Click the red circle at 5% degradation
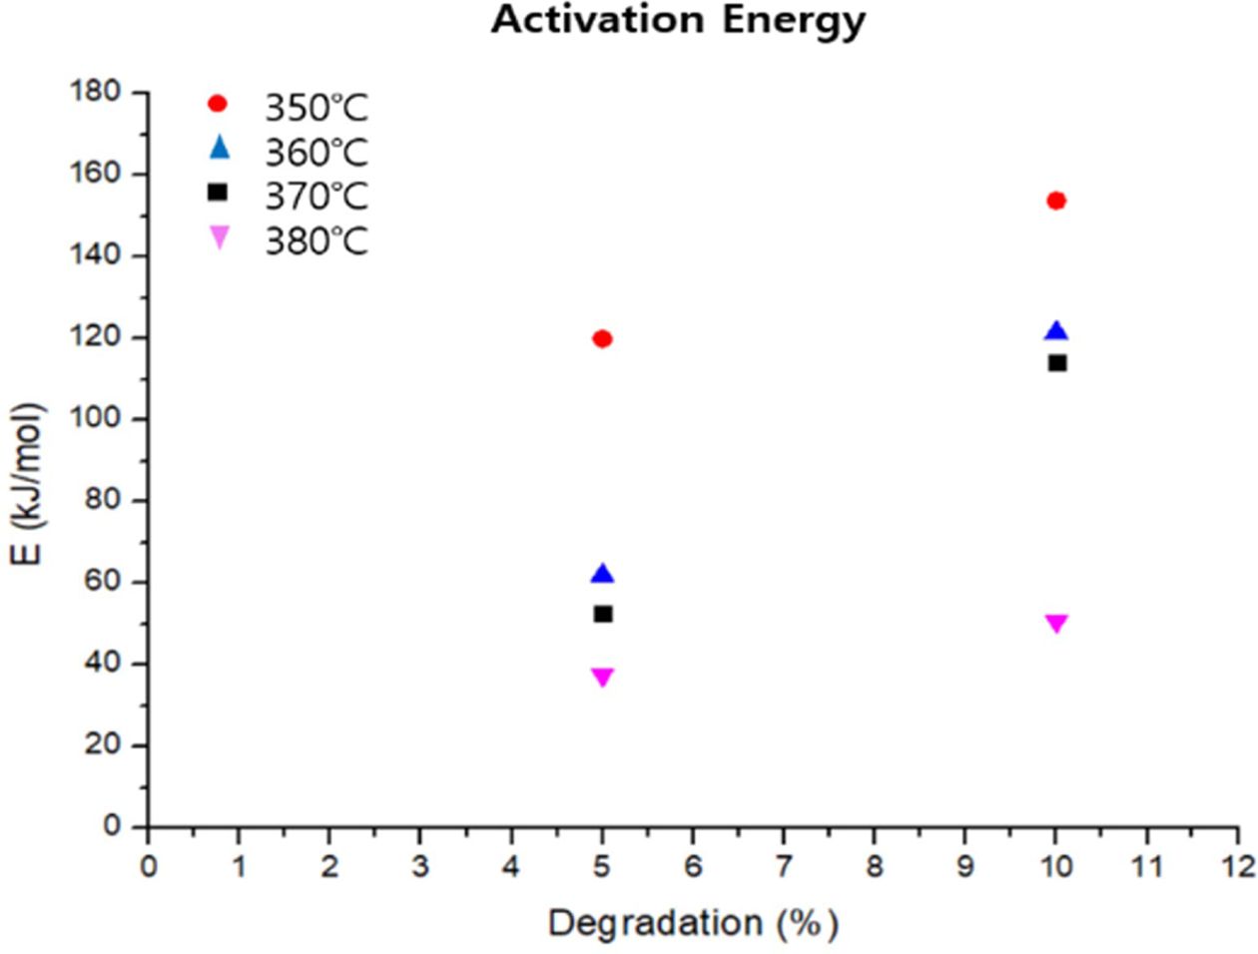click(x=602, y=339)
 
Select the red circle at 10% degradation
click(x=1056, y=201)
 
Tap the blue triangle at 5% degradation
click(x=602, y=574)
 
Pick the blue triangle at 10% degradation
click(x=1056, y=331)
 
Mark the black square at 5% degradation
click(x=602, y=614)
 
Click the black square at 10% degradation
click(x=1057, y=362)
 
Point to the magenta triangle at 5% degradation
click(x=602, y=677)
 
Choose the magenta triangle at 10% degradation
click(x=1056, y=623)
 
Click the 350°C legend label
click(x=315, y=107)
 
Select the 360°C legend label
click(x=315, y=153)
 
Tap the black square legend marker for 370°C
click(x=218, y=193)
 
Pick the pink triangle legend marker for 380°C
click(x=218, y=238)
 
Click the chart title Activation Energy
click(x=678, y=20)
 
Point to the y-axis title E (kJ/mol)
click(x=28, y=483)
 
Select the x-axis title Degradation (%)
click(x=693, y=922)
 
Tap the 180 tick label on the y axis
click(x=95, y=92)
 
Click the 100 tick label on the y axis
click(x=95, y=418)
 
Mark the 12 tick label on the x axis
click(x=1238, y=865)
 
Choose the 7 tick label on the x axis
click(x=784, y=865)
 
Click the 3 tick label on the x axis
click(x=420, y=865)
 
